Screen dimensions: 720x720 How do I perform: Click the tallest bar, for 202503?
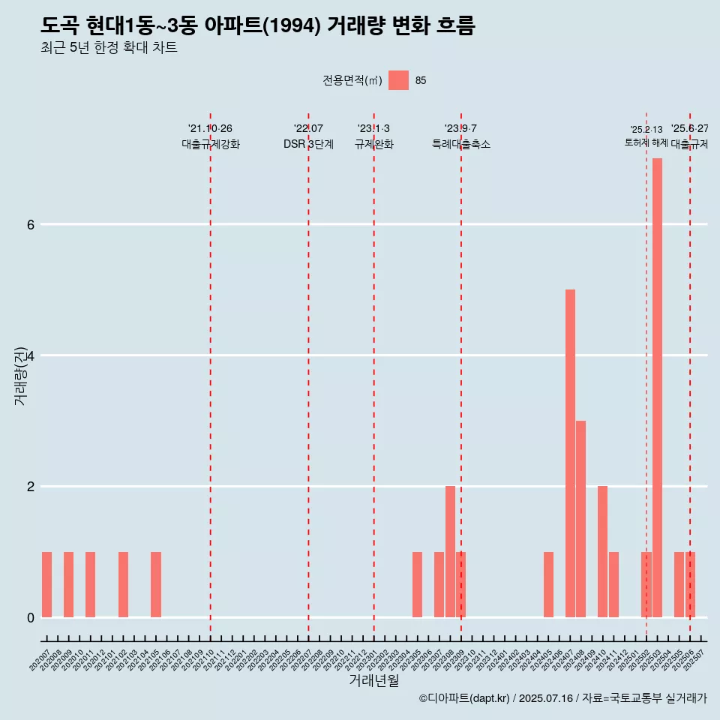pyautogui.click(x=657, y=388)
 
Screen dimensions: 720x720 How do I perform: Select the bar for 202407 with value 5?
pyautogui.click(x=570, y=453)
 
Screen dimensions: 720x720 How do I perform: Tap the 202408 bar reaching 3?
pyautogui.click(x=580, y=519)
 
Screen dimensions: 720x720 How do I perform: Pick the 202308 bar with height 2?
pyautogui.click(x=450, y=551)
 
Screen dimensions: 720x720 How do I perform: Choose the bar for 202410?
pyautogui.click(x=602, y=551)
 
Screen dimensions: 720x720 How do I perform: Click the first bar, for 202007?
pyautogui.click(x=46, y=584)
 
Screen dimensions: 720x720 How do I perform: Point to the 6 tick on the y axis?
pyautogui.click(x=30, y=224)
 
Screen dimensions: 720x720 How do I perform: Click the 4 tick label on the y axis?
pyautogui.click(x=30, y=355)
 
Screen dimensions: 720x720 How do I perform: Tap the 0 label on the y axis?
pyautogui.click(x=30, y=617)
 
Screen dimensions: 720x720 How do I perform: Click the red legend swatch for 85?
pyautogui.click(x=398, y=80)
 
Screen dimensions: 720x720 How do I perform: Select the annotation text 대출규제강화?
pyautogui.click(x=211, y=144)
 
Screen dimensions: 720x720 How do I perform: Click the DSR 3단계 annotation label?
pyautogui.click(x=308, y=144)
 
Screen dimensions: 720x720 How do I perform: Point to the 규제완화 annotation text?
pyautogui.click(x=373, y=144)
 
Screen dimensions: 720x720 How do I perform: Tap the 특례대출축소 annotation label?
pyautogui.click(x=460, y=144)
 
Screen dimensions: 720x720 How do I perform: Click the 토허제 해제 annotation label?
pyautogui.click(x=646, y=142)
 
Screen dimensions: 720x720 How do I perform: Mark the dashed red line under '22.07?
pyautogui.click(x=308, y=375)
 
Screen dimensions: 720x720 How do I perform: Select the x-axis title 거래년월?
pyautogui.click(x=373, y=680)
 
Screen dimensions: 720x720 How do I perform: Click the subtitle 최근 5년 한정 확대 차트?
pyautogui.click(x=109, y=48)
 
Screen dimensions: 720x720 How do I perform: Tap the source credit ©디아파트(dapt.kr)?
pyautogui.click(x=464, y=698)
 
